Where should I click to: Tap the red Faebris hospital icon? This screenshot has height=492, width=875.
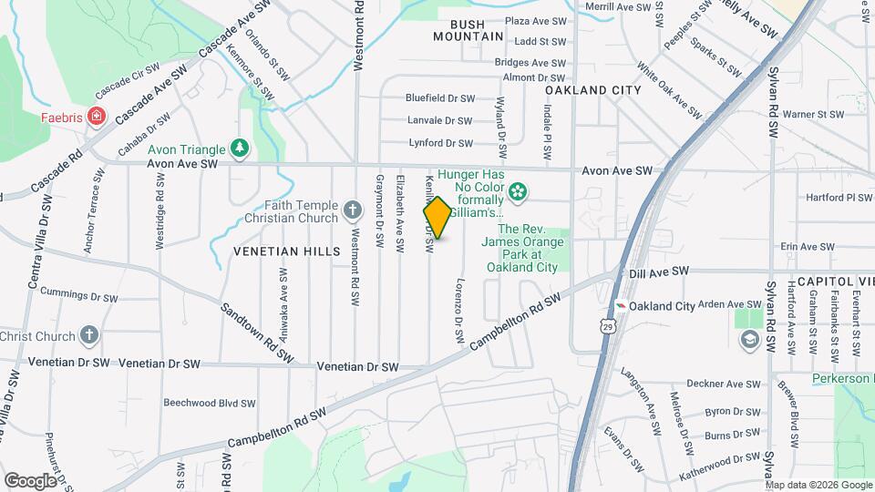pos(96,118)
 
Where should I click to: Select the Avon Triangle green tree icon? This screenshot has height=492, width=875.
pos(240,148)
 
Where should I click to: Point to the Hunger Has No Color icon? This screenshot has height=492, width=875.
pos(518,191)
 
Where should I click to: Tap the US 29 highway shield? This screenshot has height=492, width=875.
pos(608,325)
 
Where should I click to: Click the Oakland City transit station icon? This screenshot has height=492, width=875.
pos(620,306)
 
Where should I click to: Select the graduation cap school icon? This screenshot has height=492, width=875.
pos(748,340)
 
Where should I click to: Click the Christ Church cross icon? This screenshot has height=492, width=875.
pos(88,335)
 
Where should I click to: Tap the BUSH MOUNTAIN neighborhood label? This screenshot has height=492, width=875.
pos(468,30)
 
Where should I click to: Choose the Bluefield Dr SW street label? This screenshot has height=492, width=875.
pos(440,97)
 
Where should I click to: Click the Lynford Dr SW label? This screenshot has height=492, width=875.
pos(441,143)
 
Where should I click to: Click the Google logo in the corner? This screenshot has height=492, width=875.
pos(30,480)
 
